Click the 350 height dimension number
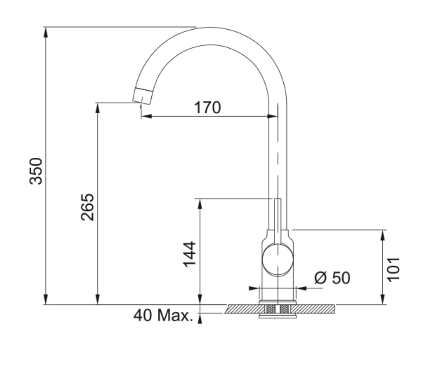(36, 171)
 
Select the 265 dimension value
(88, 207)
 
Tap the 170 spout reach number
(207, 107)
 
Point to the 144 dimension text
(190, 254)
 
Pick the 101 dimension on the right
(393, 270)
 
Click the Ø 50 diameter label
(332, 278)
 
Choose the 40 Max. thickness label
(163, 315)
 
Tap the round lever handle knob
(277, 259)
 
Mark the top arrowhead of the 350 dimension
(46, 32)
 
